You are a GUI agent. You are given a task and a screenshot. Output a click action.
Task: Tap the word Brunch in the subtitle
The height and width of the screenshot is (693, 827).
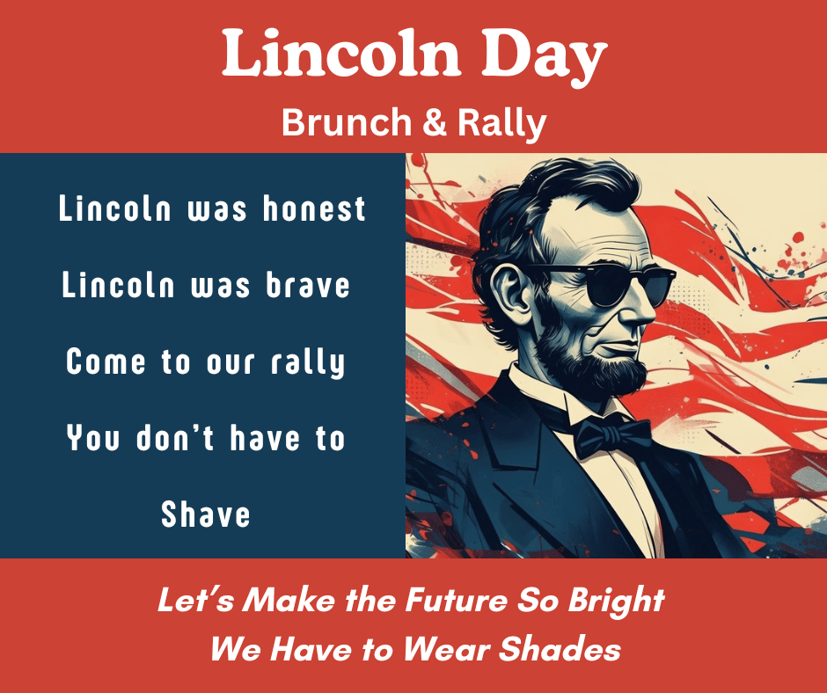[347, 123]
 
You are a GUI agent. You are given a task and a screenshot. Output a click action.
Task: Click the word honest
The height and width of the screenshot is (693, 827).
[314, 209]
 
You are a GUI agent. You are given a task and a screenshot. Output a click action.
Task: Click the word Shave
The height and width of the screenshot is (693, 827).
[206, 514]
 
